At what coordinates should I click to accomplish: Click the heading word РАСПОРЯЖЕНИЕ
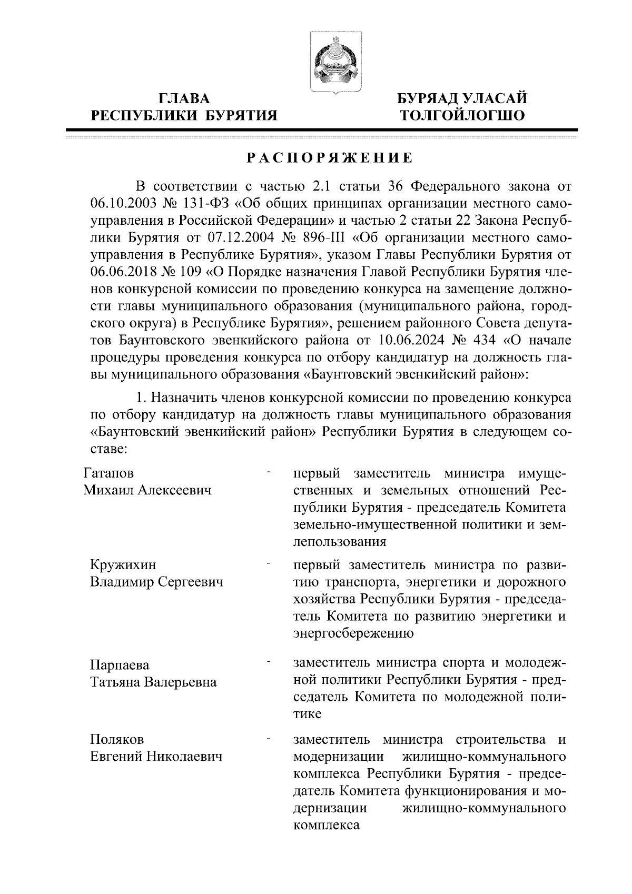click(330, 157)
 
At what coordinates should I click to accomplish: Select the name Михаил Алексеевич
click(147, 490)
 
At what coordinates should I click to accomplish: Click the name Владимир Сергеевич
click(156, 582)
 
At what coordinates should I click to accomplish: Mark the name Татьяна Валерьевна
click(153, 682)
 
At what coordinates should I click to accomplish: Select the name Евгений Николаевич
click(156, 757)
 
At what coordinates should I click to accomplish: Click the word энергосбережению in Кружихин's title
click(353, 633)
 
